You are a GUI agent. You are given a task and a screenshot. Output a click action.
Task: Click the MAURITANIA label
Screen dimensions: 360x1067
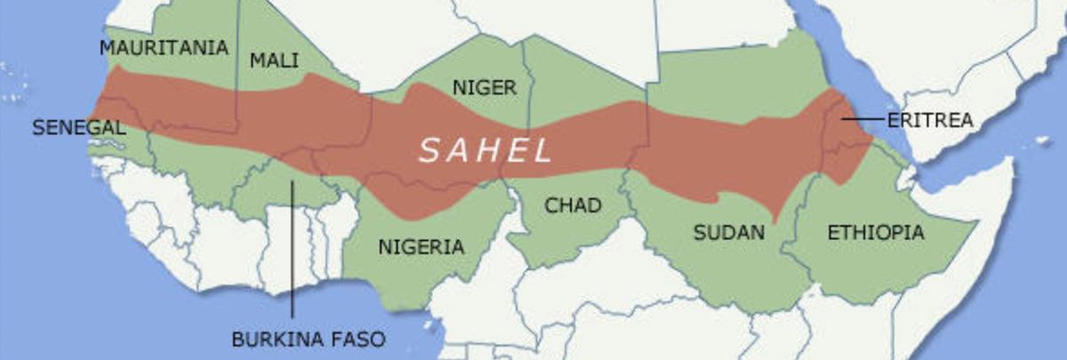coord(164,48)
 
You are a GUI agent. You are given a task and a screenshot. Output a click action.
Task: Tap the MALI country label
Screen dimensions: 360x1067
coord(274,60)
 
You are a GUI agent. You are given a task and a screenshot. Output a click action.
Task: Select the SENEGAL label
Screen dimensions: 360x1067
coord(78,128)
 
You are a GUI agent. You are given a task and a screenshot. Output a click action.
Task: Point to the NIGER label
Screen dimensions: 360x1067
coord(484,88)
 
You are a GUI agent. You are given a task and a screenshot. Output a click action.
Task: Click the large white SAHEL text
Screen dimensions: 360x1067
coord(485,150)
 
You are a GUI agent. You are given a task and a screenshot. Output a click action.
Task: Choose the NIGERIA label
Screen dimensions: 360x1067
coord(421,246)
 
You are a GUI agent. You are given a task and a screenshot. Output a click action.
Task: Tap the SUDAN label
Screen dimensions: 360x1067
coord(729,233)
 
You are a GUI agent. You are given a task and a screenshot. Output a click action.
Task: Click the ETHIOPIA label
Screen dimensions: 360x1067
coord(875,233)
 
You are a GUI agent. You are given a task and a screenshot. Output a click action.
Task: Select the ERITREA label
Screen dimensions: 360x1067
coord(930,120)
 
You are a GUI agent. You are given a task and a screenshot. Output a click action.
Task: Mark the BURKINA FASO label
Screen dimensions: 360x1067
coord(309,339)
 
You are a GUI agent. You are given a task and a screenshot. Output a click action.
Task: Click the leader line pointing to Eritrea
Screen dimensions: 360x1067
coord(862,118)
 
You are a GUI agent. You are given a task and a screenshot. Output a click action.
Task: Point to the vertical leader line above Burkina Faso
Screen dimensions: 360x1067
coord(292,249)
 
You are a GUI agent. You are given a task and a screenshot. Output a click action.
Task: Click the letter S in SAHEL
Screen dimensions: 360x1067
coord(429,150)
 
